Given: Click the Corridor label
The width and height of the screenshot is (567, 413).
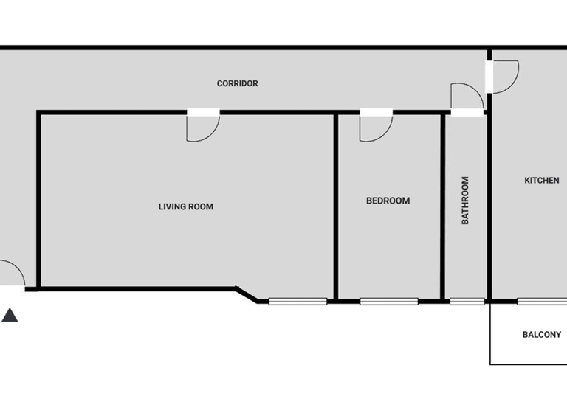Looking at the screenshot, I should click(237, 83).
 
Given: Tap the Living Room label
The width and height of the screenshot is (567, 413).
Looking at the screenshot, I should click(186, 206).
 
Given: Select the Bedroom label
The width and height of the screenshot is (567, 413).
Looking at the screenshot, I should click(388, 201).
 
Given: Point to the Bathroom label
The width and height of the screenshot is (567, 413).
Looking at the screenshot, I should click(465, 200).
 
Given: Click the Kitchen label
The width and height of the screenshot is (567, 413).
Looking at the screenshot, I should click(541, 180).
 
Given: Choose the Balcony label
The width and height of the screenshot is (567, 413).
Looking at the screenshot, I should click(541, 334).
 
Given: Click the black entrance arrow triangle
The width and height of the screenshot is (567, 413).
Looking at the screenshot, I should click(10, 315).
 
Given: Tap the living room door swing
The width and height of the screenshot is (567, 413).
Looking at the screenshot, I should click(201, 127).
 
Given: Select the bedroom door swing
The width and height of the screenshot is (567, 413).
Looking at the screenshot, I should click(374, 127).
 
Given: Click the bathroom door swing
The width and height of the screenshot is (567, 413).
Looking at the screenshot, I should click(465, 97).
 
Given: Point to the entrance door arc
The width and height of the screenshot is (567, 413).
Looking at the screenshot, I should click(12, 274).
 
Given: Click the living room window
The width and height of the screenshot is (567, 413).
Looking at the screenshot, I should click(298, 301).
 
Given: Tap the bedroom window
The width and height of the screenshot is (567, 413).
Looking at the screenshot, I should click(388, 301).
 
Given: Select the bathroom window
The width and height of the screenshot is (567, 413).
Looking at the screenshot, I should click(467, 301).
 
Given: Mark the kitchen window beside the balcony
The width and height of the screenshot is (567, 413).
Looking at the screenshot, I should click(542, 301).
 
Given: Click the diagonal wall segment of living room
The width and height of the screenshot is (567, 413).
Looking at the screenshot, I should click(247, 294).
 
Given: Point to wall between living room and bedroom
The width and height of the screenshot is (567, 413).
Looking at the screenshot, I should click(336, 206).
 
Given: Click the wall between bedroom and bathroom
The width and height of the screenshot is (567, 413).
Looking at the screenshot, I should click(443, 206).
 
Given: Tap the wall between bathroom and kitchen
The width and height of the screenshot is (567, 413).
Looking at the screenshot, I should click(489, 206).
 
